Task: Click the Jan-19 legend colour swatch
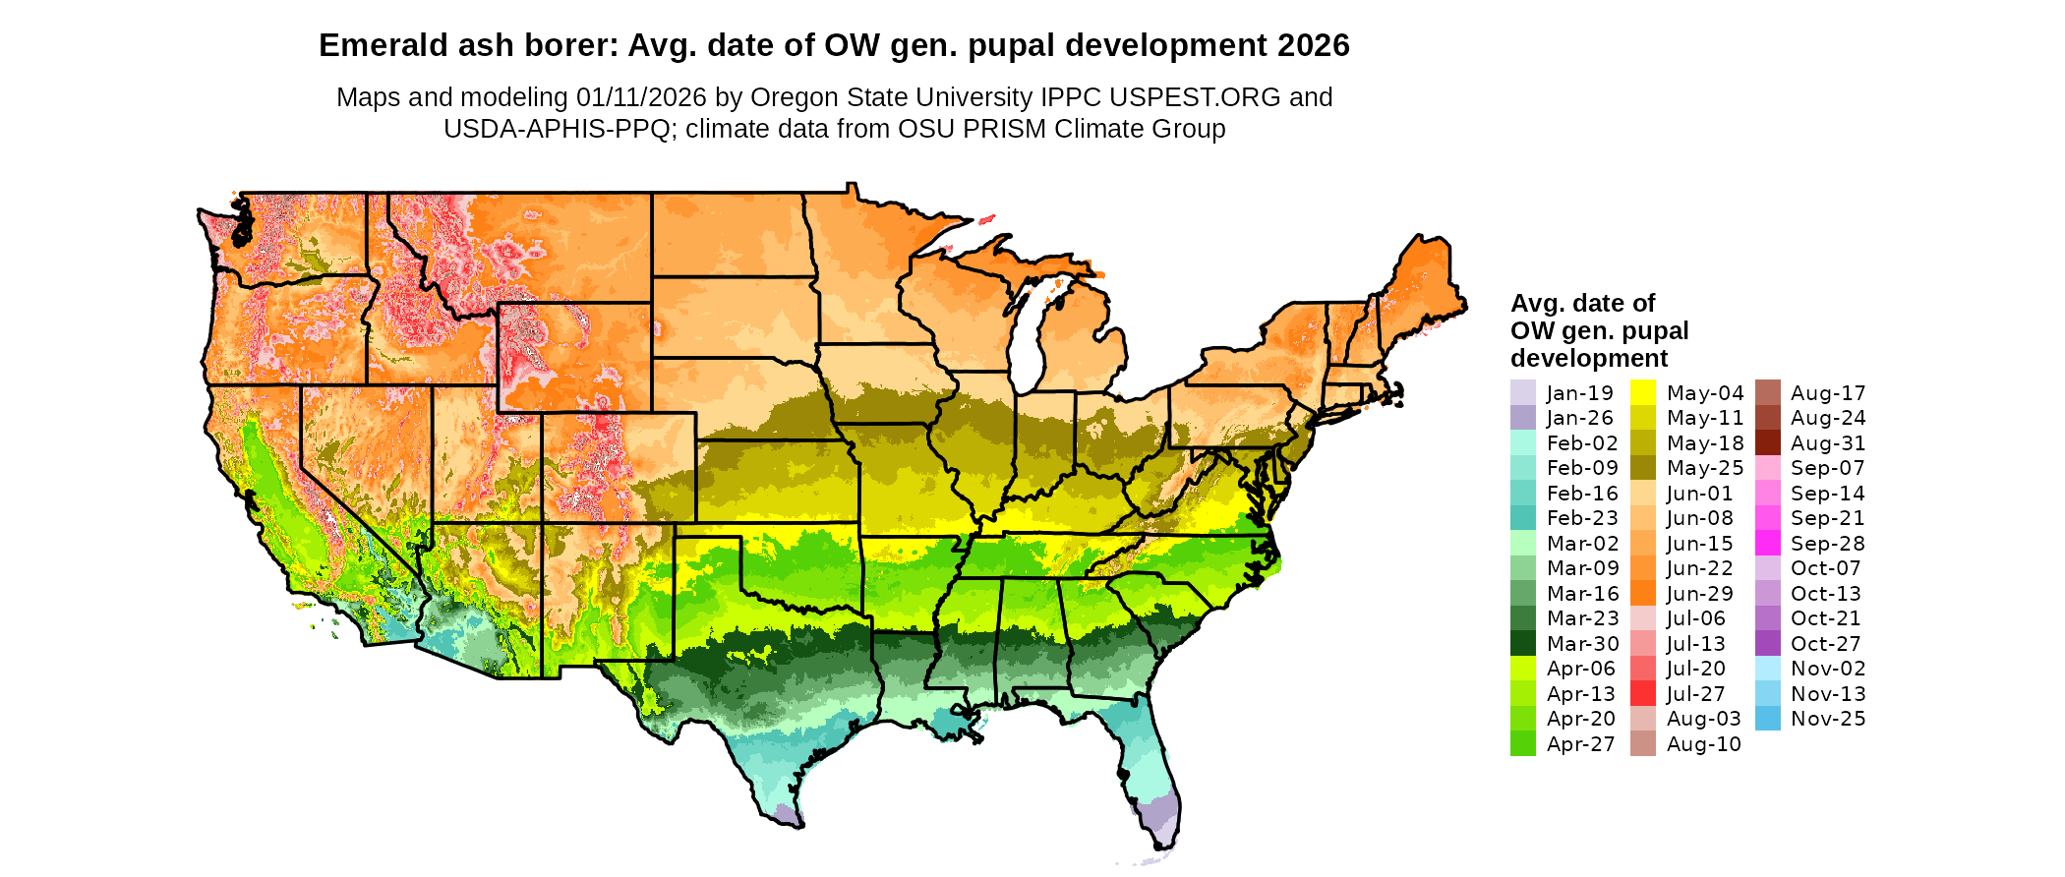[1522, 392]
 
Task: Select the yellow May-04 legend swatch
[1642, 392]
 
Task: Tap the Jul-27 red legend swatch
[1642, 693]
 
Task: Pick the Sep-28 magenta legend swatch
[1767, 543]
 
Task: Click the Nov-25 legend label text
[1827, 719]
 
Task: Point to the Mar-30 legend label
[1582, 644]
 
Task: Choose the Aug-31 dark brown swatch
[1767, 442]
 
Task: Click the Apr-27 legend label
[1580, 744]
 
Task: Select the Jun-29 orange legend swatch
[1642, 593]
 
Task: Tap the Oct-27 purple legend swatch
[1767, 643]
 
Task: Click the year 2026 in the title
[1314, 45]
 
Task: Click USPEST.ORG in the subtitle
[1195, 97]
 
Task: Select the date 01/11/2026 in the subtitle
[641, 97]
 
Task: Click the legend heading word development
[1589, 358]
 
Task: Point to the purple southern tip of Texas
[786, 815]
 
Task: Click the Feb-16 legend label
[1582, 494]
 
